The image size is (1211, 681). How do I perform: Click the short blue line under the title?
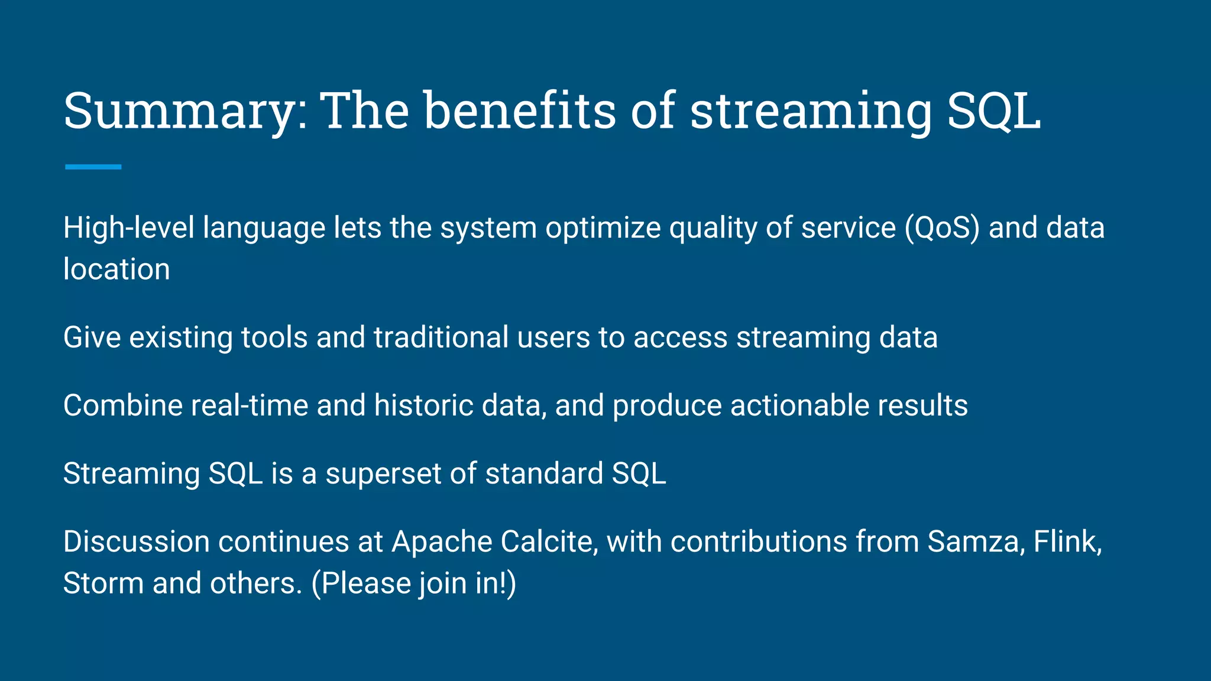pyautogui.click(x=93, y=167)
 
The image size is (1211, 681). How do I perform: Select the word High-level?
pyautogui.click(x=128, y=228)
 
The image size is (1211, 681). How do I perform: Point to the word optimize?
pyautogui.click(x=603, y=228)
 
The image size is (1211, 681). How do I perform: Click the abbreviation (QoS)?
pyautogui.click(x=942, y=228)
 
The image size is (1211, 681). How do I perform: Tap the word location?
pyautogui.click(x=116, y=270)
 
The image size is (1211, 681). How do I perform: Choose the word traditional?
pyautogui.click(x=441, y=338)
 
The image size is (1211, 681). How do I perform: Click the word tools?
pyautogui.click(x=274, y=338)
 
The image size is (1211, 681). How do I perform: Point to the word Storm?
pyautogui.click(x=103, y=583)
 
